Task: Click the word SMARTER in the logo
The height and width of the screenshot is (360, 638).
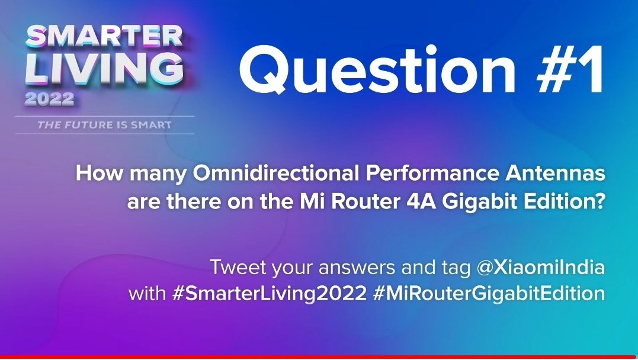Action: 104,37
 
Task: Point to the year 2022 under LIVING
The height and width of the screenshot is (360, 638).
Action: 49,99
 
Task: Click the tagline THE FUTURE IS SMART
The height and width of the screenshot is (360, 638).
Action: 104,125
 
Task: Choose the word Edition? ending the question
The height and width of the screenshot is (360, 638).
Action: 566,202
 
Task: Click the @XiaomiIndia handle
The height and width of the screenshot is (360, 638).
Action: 541,267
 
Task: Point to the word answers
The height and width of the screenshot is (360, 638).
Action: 343,267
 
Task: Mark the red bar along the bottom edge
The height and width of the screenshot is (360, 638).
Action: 319,357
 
